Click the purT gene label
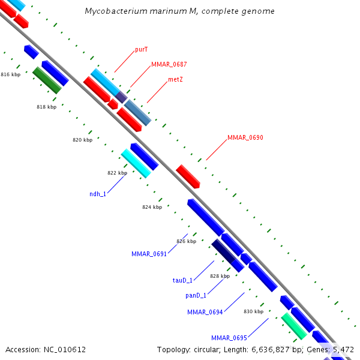pyautogui.click(x=142, y=50)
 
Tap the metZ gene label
pyautogui.click(x=175, y=79)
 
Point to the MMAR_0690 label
pyautogui.click(x=245, y=137)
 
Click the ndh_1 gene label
pyautogui.click(x=97, y=194)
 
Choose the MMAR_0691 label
pyautogui.click(x=149, y=254)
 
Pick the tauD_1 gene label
pyautogui.click(x=182, y=280)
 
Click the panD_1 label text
pyautogui.click(x=196, y=295)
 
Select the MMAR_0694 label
pyautogui.click(x=205, y=312)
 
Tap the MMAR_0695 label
pyautogui.click(x=229, y=338)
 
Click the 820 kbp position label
pyautogui.click(x=82, y=140)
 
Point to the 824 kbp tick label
pyautogui.click(x=152, y=207)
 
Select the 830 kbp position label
pyautogui.click(x=253, y=311)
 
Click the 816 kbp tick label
pyautogui.click(x=10, y=74)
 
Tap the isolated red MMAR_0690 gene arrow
pyautogui.click(x=188, y=176)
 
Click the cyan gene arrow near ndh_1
pyautogui.click(x=136, y=163)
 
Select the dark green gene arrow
pyautogui.click(x=47, y=80)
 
